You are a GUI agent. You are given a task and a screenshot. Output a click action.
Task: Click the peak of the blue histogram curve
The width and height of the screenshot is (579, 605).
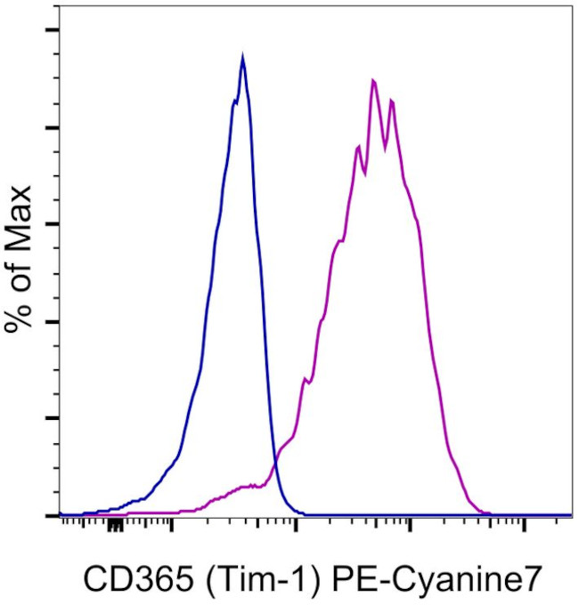tap(242, 56)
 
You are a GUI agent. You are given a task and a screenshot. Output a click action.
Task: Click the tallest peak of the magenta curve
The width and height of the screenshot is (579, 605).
tap(374, 80)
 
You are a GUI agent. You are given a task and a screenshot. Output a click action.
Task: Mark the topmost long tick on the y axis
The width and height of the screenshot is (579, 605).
tap(53, 30)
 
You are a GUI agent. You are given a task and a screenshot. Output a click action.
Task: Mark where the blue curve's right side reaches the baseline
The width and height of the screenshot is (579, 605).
tap(303, 513)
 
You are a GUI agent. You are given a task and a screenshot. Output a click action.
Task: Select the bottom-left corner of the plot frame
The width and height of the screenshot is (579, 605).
tap(59, 515)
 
